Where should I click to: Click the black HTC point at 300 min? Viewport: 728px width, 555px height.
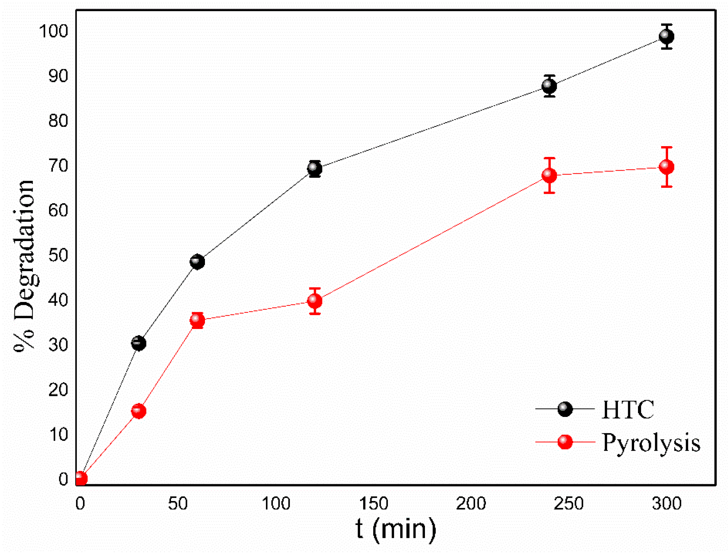666,36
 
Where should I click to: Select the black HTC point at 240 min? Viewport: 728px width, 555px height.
549,86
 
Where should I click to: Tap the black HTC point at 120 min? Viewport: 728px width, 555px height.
315,169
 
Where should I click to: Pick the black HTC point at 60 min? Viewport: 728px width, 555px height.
197,261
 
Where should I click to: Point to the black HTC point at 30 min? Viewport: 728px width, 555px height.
139,343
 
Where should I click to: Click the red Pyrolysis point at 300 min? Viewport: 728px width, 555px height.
666,167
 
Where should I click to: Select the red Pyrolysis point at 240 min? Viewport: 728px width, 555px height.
549,175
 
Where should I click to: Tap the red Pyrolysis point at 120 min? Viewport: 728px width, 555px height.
315,301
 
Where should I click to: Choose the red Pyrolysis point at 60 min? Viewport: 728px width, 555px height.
197,320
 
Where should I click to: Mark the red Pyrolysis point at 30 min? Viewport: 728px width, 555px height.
139,411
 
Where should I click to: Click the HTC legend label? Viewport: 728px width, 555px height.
627,409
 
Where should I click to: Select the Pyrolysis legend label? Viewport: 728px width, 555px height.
651,443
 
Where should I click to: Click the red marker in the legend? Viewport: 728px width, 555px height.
565,442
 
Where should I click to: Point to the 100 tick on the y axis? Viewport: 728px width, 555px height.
54,31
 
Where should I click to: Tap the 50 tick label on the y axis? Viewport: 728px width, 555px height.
58,255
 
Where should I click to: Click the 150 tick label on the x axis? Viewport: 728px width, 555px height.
373,504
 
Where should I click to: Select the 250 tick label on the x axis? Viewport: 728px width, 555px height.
568,504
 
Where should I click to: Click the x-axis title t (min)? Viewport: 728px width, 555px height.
396,529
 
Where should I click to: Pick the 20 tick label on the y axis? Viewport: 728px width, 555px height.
58,390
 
